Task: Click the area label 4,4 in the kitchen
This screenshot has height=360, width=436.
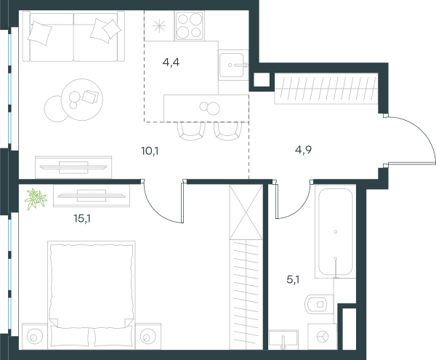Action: coord(171,63)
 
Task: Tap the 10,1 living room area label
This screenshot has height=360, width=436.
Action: coord(150,151)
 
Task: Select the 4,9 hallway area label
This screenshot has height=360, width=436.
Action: coord(303,150)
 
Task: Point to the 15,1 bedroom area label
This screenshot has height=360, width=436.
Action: coord(82,219)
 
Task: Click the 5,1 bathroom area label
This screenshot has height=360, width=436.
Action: coord(293,279)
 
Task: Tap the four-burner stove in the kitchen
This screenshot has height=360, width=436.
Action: coord(190,26)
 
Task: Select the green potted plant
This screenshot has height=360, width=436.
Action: coord(36,199)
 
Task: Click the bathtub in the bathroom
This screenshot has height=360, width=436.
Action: coord(335,231)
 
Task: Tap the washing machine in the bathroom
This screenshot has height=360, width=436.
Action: coord(322,337)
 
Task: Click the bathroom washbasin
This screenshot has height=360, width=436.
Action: coord(283,340)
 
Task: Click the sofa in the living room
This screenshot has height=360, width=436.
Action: coord(73,36)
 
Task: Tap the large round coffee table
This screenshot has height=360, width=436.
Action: coord(81,100)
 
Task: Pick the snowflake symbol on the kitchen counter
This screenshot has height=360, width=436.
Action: coord(159,26)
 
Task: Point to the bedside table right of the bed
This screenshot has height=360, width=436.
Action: coord(148,336)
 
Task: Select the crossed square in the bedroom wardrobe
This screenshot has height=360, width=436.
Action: coord(246,212)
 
